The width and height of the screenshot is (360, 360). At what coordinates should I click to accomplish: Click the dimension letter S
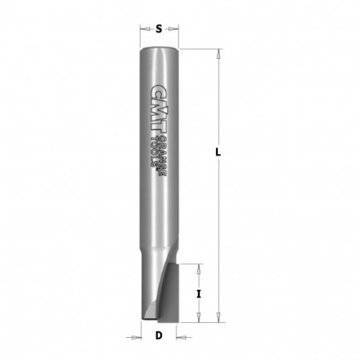160,31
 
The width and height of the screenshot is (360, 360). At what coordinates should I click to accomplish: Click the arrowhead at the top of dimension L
218,53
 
